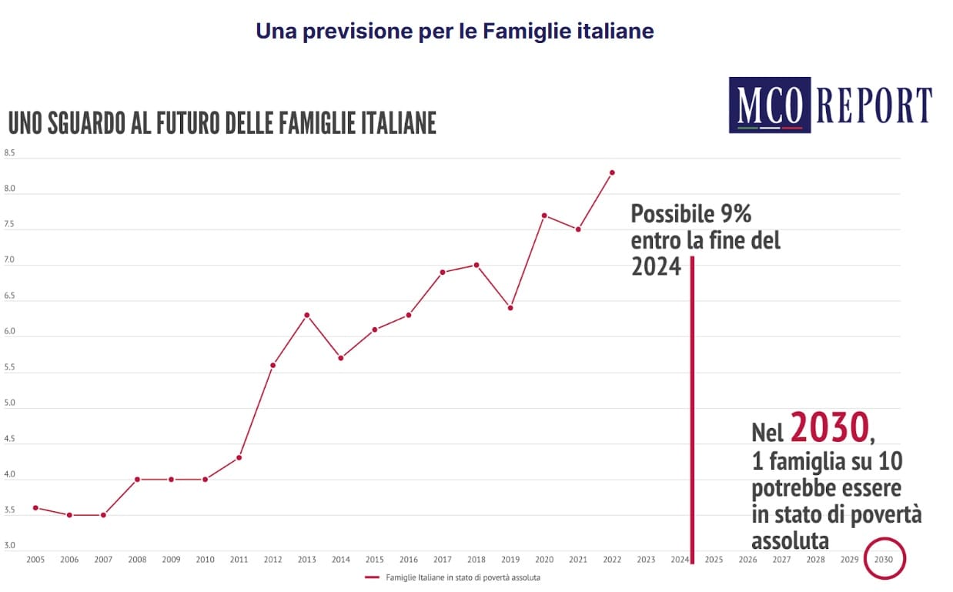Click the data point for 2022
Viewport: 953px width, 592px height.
612,172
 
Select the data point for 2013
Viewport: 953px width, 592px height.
306,315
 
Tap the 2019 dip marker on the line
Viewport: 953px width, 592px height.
510,308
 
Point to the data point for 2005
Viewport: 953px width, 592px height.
35,507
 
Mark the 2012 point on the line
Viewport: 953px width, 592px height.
273,365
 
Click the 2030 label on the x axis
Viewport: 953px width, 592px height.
884,559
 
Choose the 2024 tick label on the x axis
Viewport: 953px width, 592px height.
679,559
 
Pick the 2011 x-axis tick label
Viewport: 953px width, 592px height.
239,559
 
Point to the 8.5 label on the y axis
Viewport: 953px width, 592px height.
10,153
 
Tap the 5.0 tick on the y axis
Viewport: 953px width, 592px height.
10,403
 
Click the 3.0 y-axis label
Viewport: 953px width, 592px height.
10,546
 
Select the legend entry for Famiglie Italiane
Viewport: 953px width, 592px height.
463,577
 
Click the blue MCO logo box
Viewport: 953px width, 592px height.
769,105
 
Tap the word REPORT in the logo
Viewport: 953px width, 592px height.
874,105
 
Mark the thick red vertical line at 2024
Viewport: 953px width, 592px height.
692,408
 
